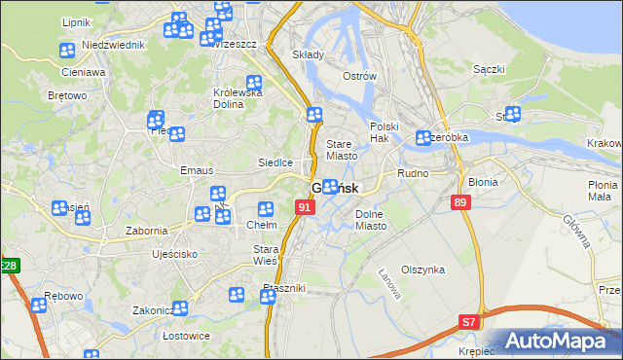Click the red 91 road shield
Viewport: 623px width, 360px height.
(x=306, y=207)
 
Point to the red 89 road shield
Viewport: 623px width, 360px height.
(x=461, y=201)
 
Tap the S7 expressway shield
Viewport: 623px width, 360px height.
(x=469, y=320)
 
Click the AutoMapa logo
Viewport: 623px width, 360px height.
(x=559, y=342)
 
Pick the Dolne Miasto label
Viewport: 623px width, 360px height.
(x=371, y=219)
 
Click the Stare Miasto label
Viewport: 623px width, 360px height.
(x=342, y=149)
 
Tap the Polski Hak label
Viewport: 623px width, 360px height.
(x=385, y=133)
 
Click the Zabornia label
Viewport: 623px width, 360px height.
(x=147, y=231)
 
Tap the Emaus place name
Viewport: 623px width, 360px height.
(x=197, y=170)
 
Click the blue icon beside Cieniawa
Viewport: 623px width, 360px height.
(x=66, y=52)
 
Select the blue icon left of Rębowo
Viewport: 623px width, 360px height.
(x=38, y=306)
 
